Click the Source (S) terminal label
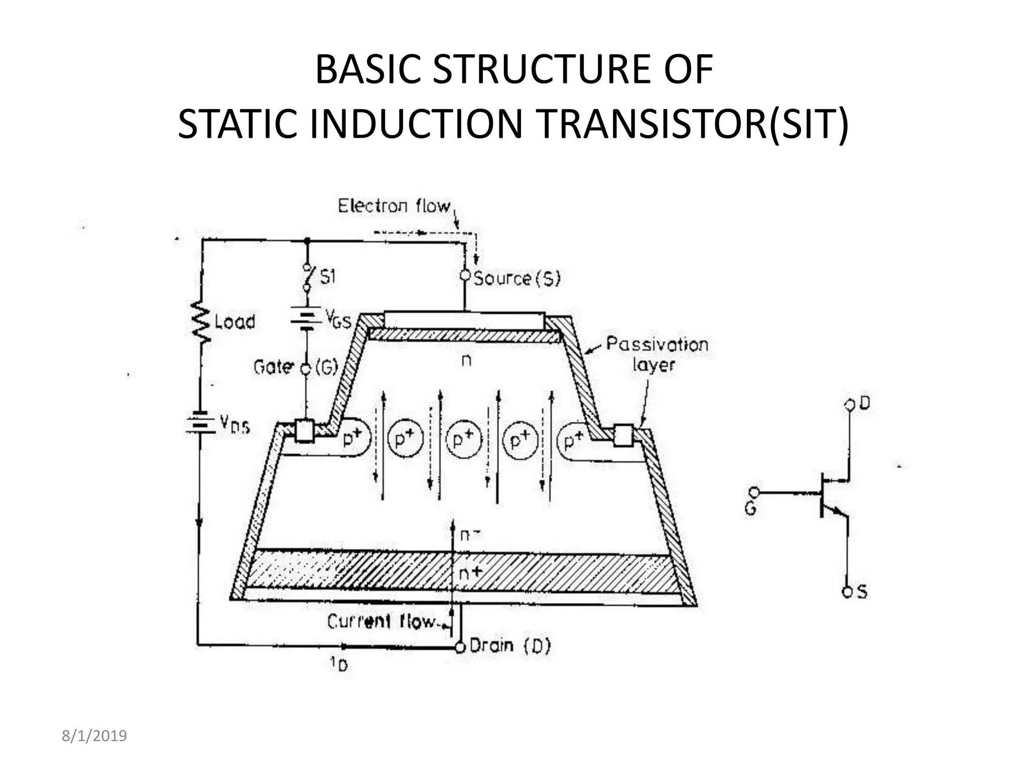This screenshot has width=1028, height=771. point(517,278)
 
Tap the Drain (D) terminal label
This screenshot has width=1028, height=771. point(510,646)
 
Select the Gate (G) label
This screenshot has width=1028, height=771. point(296,367)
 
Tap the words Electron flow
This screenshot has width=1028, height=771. point(394,206)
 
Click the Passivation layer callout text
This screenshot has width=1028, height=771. point(657,354)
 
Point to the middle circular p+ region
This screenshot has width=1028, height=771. point(464,440)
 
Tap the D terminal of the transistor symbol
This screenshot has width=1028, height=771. point(850,405)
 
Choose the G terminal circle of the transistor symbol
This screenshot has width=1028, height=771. point(754,493)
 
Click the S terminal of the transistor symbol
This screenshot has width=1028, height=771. point(848,592)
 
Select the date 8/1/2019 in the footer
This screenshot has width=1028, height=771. point(94,736)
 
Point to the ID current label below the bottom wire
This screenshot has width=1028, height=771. point(339,665)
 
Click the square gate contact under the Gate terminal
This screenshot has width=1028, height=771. point(304,431)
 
